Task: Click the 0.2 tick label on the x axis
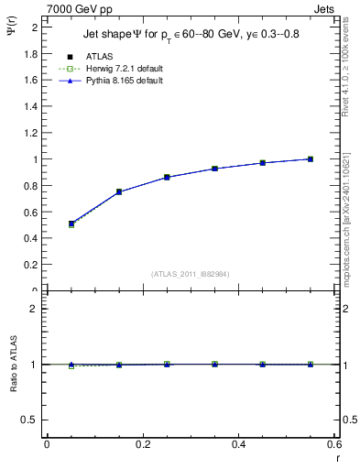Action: tap(142, 444)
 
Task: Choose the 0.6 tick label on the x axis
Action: tap(334, 444)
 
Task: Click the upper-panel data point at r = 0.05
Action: tap(71, 224)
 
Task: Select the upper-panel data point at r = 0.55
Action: tap(311, 159)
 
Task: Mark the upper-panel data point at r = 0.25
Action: tap(167, 177)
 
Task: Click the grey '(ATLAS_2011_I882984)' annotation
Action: tap(190, 273)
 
